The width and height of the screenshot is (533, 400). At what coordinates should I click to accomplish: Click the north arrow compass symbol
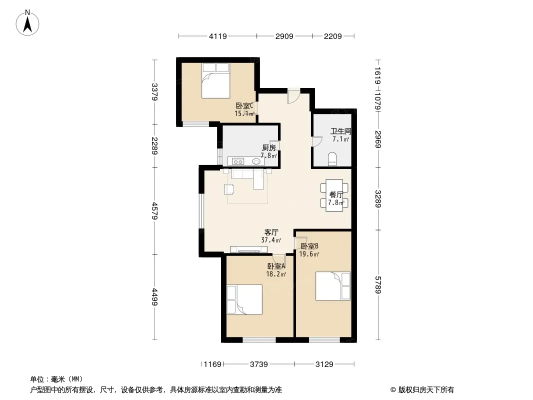(27, 23)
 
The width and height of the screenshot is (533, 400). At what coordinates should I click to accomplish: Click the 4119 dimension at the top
(217, 36)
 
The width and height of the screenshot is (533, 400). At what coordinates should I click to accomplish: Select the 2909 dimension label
(284, 36)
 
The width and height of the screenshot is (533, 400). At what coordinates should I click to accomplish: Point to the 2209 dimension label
(333, 36)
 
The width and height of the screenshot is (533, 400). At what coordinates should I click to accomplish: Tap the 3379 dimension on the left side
(154, 92)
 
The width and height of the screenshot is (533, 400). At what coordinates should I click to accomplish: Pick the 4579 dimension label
(154, 210)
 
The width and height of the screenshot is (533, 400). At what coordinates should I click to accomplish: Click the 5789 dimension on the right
(378, 285)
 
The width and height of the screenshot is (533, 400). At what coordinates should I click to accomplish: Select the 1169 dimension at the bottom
(212, 364)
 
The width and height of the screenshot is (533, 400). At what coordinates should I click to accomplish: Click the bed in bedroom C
(215, 80)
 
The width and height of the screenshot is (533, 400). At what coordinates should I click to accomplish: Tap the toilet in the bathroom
(332, 159)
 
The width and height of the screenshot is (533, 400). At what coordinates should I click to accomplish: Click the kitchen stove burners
(238, 161)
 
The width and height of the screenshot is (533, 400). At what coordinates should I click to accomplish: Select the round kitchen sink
(256, 161)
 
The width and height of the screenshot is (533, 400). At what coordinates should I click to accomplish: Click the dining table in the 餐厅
(334, 195)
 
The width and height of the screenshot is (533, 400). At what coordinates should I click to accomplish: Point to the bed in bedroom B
(333, 286)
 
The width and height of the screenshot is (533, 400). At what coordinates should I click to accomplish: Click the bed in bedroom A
(244, 299)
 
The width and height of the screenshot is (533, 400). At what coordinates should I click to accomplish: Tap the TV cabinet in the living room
(249, 249)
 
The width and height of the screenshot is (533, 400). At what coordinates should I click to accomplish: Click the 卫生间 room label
(340, 131)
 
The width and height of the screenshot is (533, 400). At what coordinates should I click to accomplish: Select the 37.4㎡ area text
(271, 240)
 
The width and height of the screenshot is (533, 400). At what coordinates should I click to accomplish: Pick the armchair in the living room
(229, 189)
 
